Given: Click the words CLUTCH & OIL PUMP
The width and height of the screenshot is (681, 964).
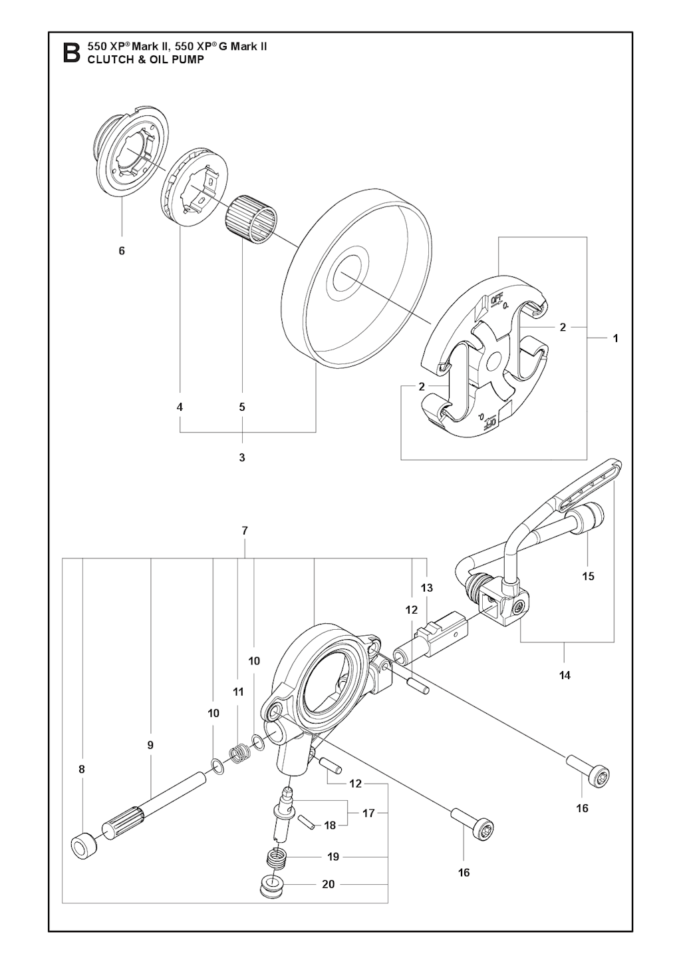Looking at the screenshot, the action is click(146, 60).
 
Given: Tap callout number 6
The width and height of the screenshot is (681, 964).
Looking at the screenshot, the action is click(122, 250).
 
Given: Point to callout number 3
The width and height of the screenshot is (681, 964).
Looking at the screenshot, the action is click(242, 457).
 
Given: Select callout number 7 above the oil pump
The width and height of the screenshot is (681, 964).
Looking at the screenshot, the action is click(245, 531).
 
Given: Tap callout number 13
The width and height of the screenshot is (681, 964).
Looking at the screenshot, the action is click(427, 587).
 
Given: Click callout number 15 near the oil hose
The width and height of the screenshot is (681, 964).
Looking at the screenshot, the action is click(588, 576).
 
